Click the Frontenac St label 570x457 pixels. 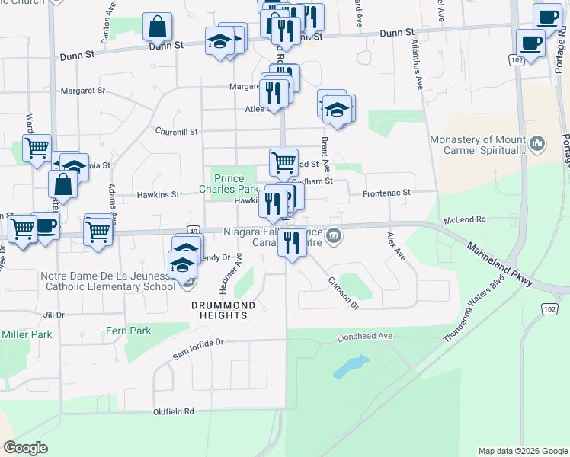pos(386,193)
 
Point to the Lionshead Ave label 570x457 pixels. pos(364,336)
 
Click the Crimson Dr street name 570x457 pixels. pos(343,292)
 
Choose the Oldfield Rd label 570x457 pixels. pos(174,411)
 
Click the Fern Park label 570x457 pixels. pos(128,331)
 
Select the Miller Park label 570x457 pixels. pos(27,334)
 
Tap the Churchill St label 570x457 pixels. pos(176,132)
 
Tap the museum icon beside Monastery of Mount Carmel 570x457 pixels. pos(536,142)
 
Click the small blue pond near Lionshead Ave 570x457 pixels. pos(349,366)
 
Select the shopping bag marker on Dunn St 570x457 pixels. pos(157,28)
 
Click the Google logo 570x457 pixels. pos(25,448)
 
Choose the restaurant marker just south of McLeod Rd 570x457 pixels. pos(292,243)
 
